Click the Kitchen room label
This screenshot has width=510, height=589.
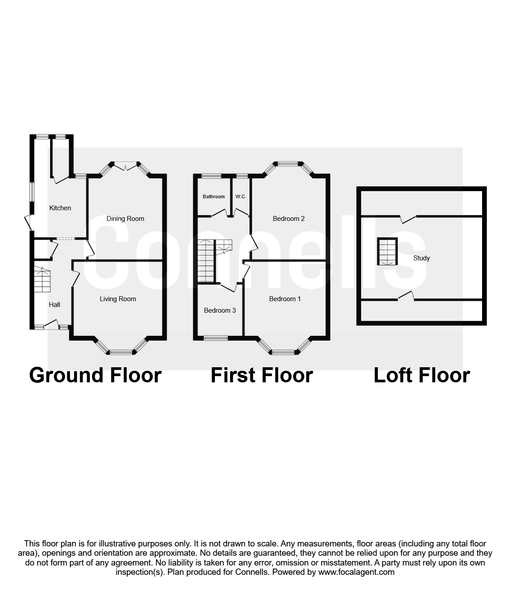[60, 208]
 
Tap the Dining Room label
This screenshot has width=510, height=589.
[125, 219]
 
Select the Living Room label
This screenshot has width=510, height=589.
[118, 299]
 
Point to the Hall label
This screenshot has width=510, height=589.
[54, 305]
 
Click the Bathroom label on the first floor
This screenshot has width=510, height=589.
[214, 196]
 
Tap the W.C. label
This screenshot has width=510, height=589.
[241, 196]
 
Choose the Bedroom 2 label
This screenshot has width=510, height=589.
[288, 219]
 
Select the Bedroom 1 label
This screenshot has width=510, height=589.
[285, 299]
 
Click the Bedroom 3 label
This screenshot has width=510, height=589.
[220, 310]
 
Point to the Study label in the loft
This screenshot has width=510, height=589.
[421, 258]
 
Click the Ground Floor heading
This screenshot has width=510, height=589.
[95, 375]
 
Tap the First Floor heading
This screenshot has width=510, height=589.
[262, 375]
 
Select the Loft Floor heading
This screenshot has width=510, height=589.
[422, 375]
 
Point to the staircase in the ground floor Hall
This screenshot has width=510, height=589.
[42, 280]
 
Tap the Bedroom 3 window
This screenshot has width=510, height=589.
[216, 338]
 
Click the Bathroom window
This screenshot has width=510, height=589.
[211, 176]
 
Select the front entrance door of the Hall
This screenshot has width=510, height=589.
[51, 326]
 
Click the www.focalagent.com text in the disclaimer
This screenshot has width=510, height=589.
[356, 572]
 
